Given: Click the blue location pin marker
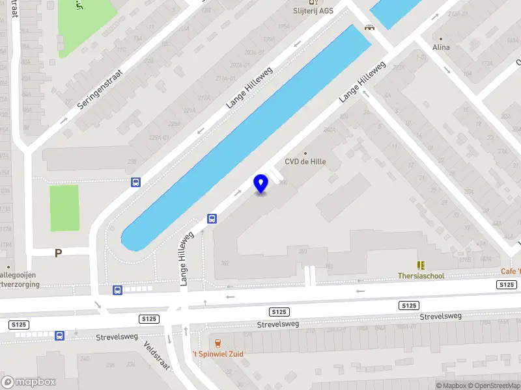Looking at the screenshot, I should (260, 184).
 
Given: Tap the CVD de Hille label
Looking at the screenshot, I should (305, 162).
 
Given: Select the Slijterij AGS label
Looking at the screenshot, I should (313, 11).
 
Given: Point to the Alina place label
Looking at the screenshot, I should (442, 47).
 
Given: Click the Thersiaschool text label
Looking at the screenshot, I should (421, 276).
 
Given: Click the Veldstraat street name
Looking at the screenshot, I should (157, 356).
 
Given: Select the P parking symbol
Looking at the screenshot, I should (58, 253).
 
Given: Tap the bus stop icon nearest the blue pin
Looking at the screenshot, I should (212, 218).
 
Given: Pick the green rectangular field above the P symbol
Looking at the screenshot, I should (64, 208).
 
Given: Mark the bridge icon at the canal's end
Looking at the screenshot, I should (370, 27).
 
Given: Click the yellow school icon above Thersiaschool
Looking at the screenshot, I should (421, 265).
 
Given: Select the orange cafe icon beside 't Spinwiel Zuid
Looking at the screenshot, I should (217, 343).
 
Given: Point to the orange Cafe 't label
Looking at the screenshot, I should (511, 272).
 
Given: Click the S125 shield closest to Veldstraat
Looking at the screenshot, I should (149, 318).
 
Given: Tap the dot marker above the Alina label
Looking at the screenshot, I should (442, 38).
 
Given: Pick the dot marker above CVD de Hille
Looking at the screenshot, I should (305, 153).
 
